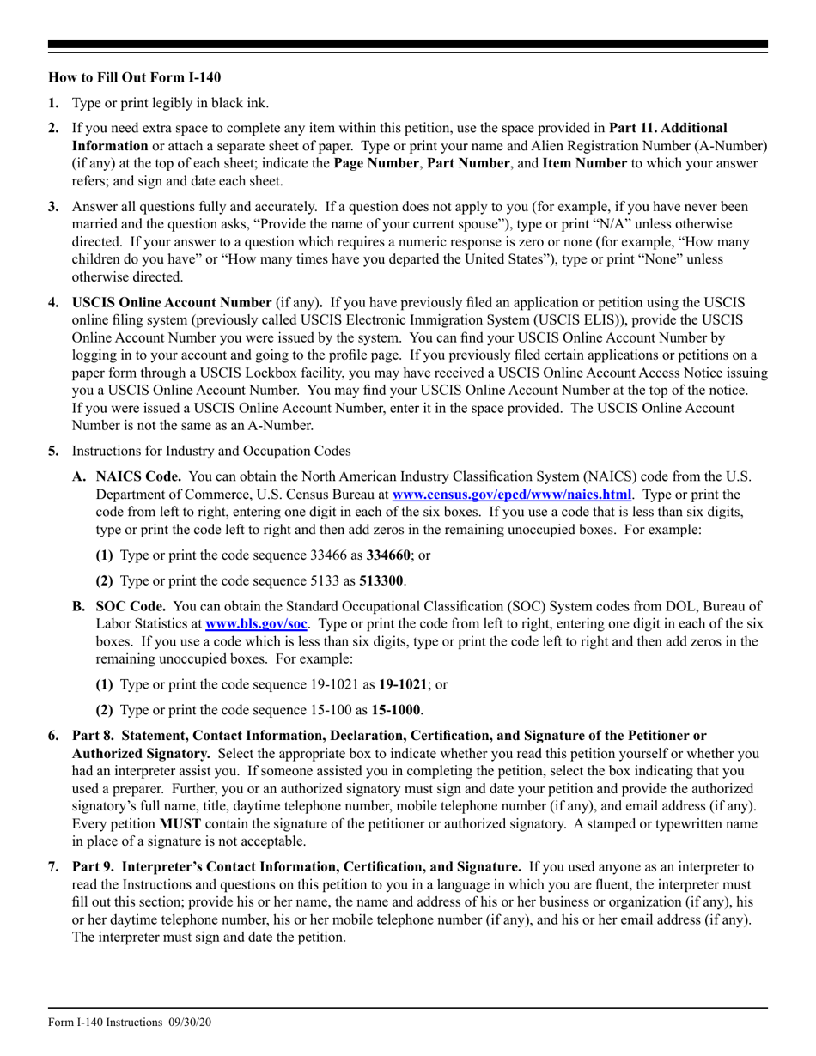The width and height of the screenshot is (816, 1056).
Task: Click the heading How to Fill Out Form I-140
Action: click(x=134, y=77)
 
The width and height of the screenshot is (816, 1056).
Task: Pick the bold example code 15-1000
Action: click(x=397, y=710)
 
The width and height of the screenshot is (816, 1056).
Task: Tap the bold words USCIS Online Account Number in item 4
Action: click(x=171, y=303)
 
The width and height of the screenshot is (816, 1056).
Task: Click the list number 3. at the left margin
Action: click(x=54, y=207)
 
